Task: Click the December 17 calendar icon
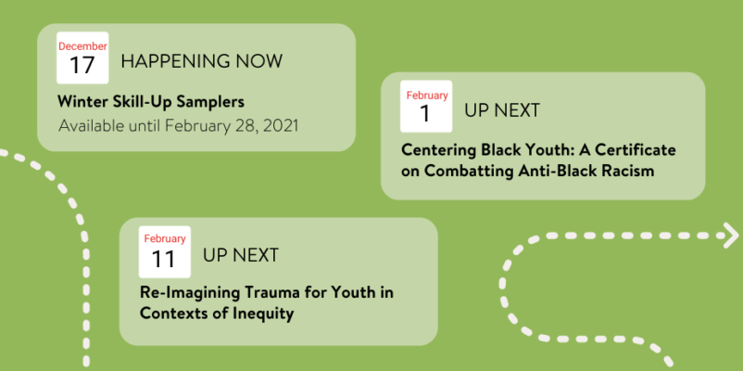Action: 82,58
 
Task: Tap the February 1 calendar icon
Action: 426,107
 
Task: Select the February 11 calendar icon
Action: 164,252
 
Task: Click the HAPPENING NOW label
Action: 201,61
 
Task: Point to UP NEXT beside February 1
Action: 502,110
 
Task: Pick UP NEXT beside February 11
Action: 241,255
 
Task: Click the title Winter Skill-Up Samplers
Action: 151,101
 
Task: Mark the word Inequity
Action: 262,314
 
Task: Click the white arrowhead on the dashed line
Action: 731,236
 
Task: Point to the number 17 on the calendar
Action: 82,66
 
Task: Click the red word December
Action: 82,46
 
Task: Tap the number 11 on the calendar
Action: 163,259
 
